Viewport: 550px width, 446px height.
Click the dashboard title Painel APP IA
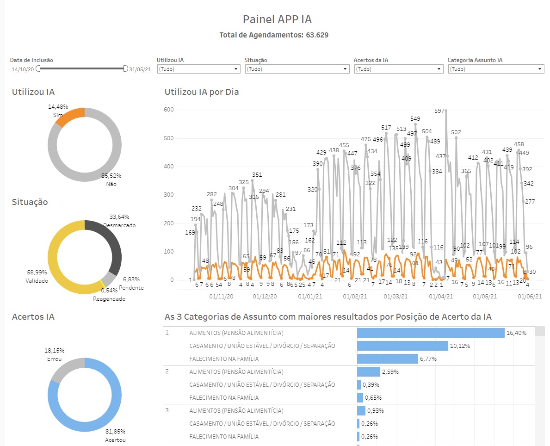pyautogui.click(x=277, y=19)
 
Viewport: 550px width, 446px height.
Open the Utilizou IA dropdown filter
pyautogui.click(x=198, y=69)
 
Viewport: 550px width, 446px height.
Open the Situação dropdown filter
pyautogui.click(x=297, y=69)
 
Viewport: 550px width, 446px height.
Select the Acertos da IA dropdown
pyautogui.click(x=398, y=69)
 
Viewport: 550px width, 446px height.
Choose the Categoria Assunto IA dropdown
pyautogui.click(x=495, y=69)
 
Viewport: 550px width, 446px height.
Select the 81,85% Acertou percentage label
pyautogui.click(x=115, y=431)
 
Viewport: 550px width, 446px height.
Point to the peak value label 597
pyautogui.click(x=439, y=111)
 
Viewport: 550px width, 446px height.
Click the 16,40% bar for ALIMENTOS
pyautogui.click(x=430, y=333)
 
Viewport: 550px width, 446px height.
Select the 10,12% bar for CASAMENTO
pyautogui.click(x=402, y=346)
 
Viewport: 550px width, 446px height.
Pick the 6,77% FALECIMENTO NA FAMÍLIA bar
pyautogui.click(x=387, y=359)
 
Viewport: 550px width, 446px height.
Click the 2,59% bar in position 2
pyautogui.click(x=368, y=372)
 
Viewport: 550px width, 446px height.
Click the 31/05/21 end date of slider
pyautogui.click(x=140, y=69)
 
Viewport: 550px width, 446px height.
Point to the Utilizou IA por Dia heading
pyautogui.click(x=202, y=92)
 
